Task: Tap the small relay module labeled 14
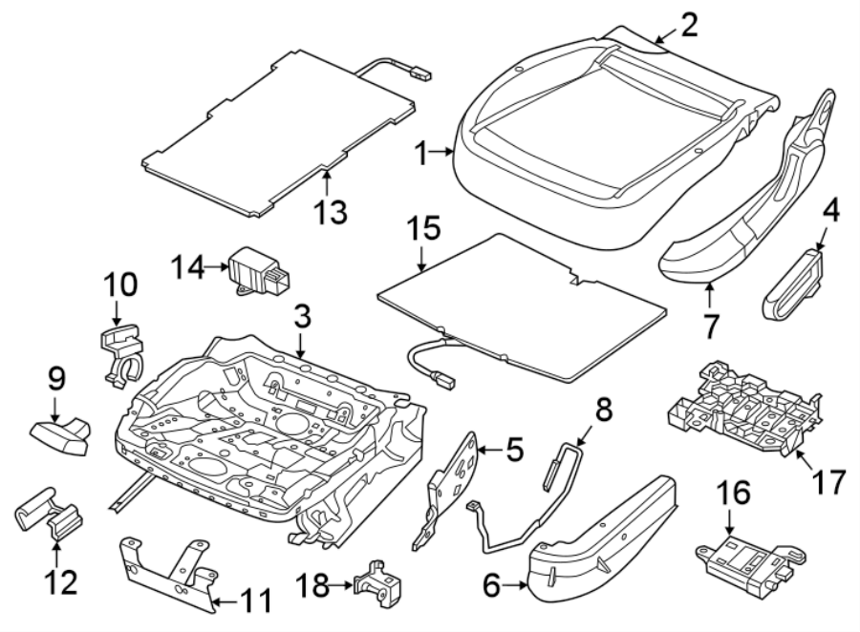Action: click(257, 271)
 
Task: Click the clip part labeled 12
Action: click(51, 516)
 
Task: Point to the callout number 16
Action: click(732, 494)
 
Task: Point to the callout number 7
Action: click(710, 326)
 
